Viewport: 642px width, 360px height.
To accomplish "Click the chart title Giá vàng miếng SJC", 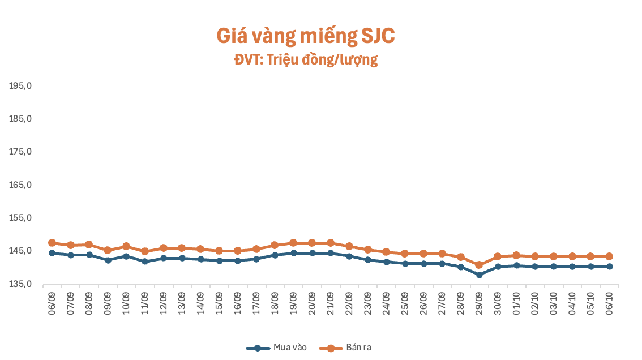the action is tap(306, 36).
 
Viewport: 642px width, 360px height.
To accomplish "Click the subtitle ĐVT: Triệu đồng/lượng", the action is tap(306, 60).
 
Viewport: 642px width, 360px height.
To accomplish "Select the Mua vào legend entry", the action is tap(276, 348).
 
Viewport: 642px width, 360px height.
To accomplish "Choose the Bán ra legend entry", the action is tap(345, 348).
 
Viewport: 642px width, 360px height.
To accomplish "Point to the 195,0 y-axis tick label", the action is tap(20, 86).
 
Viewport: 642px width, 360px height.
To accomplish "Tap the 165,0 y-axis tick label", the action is tap(20, 185).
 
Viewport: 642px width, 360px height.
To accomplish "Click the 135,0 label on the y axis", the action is tap(20, 284).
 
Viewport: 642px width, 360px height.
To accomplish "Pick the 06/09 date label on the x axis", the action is tap(52, 303).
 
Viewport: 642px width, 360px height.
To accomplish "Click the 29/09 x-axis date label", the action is tap(479, 303).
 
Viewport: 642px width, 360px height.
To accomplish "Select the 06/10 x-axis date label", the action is tap(609, 303).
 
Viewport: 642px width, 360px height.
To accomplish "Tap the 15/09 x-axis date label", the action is tap(219, 303).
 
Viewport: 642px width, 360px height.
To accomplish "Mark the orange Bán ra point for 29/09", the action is tap(479, 265).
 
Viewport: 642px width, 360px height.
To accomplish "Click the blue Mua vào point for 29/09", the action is tap(479, 275).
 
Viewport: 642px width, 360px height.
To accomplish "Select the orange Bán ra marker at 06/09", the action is tap(52, 243).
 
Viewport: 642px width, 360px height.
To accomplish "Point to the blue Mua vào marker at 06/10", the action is tap(609, 267).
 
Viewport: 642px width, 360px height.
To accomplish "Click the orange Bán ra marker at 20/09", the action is tap(312, 243).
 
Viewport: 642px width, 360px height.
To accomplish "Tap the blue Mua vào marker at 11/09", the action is tap(145, 262).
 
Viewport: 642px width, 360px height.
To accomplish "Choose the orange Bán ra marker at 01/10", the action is tap(516, 255).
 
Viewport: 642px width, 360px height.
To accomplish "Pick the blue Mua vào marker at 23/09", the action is tap(367, 260).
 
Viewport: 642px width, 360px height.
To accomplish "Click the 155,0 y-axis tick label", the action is tap(20, 218).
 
